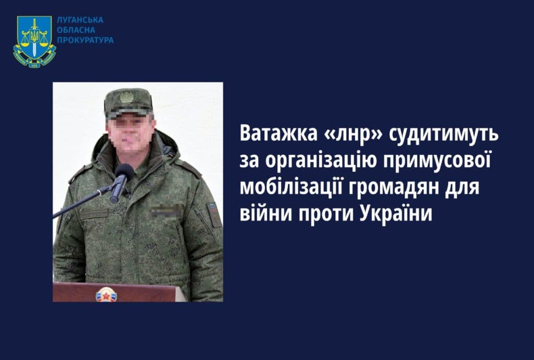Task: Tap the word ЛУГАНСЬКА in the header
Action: tap(80, 20)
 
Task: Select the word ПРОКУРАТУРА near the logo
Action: tap(85, 40)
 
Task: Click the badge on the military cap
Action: tap(127, 97)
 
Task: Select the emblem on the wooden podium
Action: tap(106, 295)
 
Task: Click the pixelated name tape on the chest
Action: tap(166, 211)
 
